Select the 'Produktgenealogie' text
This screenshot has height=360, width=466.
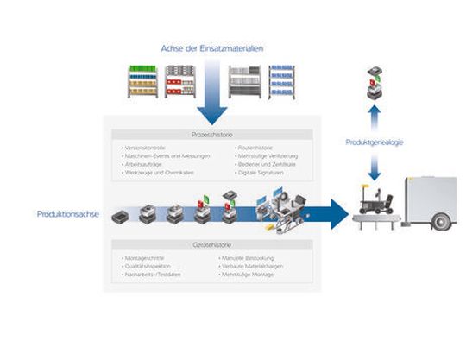click(x=374, y=142)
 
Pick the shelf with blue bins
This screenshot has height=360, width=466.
click(x=284, y=82)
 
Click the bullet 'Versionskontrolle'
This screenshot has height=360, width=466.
click(x=146, y=148)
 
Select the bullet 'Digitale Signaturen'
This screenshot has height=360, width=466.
click(x=261, y=174)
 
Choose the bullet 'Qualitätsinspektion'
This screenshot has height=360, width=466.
click(x=149, y=267)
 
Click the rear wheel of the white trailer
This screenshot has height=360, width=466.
click(x=440, y=221)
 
